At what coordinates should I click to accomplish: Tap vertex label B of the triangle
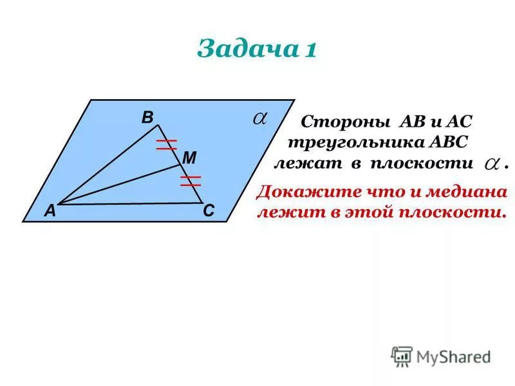click(x=147, y=118)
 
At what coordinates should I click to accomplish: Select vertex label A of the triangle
click(x=50, y=211)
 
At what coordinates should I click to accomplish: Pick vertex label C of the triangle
click(x=209, y=211)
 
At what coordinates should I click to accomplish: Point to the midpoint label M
click(x=189, y=157)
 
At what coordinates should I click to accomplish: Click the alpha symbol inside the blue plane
click(x=259, y=118)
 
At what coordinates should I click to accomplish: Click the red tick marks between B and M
click(x=166, y=144)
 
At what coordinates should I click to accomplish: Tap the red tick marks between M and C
click(x=191, y=180)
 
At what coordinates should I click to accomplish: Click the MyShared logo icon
click(x=402, y=356)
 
